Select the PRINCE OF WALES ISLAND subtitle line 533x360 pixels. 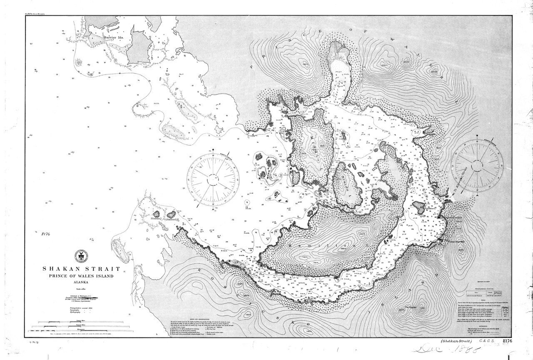click(80, 276)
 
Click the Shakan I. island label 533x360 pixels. click(156, 217)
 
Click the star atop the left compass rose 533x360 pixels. click(213, 150)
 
